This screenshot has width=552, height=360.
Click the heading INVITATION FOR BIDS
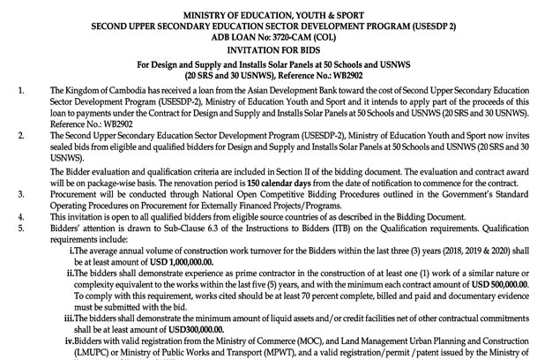tap(276, 49)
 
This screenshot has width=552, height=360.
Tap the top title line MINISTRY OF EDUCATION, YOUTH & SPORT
tap(276, 14)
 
